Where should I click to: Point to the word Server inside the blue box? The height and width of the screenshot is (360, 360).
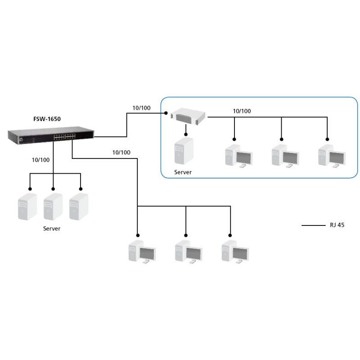coord(183,172)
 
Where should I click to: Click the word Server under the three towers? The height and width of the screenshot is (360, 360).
coord(52,229)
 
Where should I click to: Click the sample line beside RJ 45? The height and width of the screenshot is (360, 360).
coord(313,225)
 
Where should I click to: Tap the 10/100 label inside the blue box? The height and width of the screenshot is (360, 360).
coord(242,111)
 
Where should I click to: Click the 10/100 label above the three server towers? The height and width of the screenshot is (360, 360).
coord(41,159)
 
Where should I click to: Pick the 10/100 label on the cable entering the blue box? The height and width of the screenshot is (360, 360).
coord(141,108)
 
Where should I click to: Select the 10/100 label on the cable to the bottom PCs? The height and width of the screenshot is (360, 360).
coord(121,153)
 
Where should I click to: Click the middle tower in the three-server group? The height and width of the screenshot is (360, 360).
coord(53,207)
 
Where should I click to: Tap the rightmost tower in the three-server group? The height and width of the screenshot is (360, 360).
coord(79,207)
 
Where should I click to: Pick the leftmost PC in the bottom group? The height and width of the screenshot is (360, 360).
coord(142,252)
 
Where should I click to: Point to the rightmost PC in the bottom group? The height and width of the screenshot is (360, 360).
coord(235,252)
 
